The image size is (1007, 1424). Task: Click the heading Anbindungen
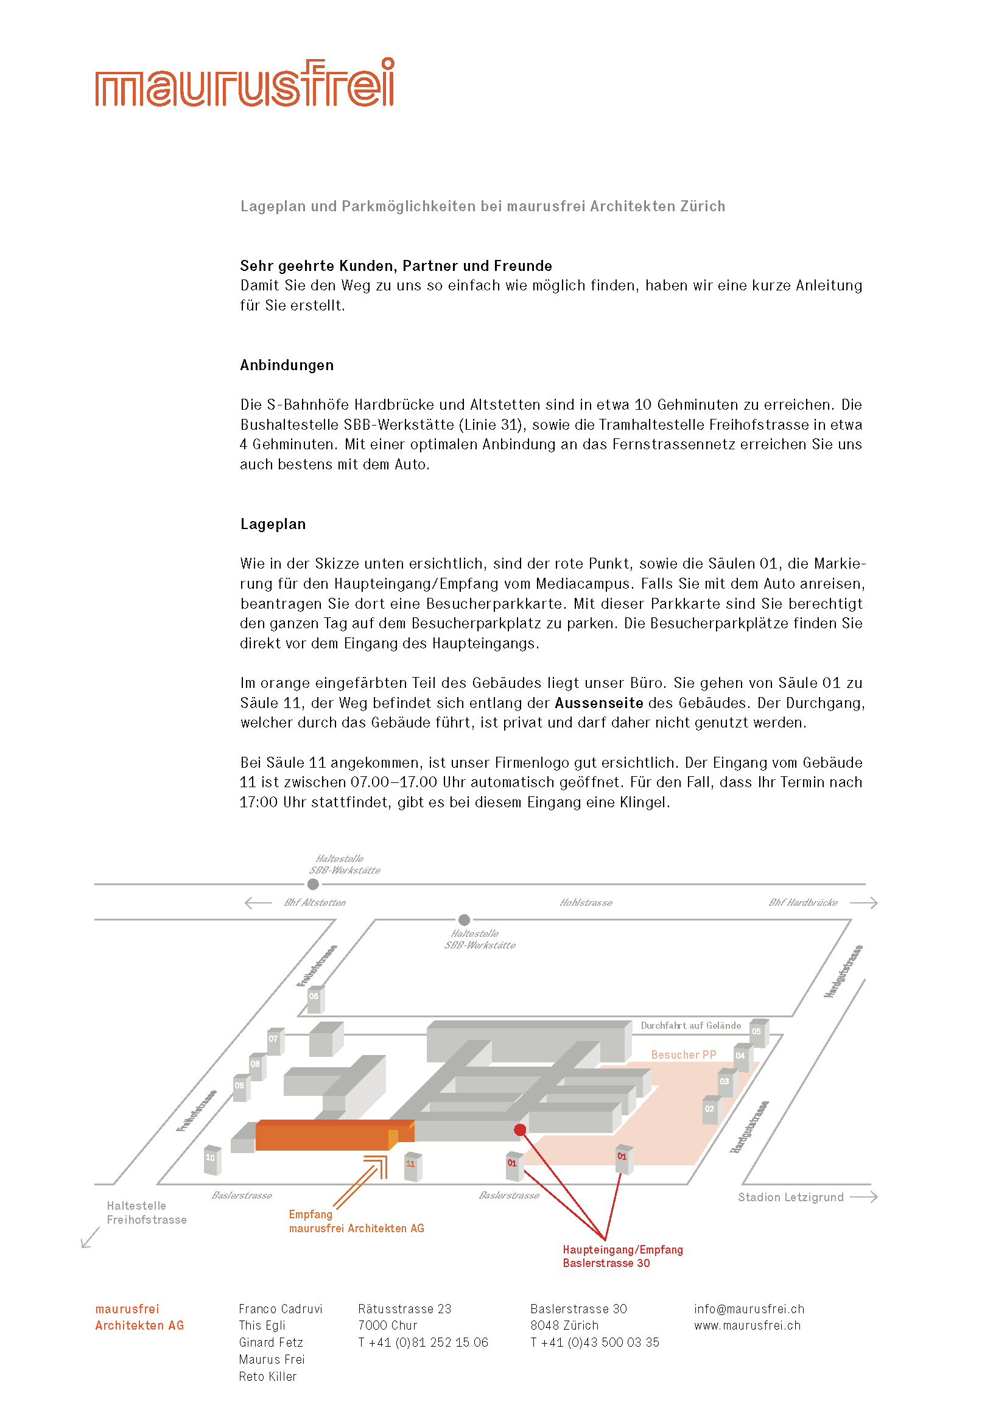[x=287, y=365]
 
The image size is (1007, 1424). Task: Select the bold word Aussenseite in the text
[x=598, y=703]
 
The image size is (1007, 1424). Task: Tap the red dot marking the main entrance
[x=519, y=1130]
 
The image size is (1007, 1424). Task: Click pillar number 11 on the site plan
[x=412, y=1166]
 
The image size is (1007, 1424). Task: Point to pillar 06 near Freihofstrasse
[x=315, y=998]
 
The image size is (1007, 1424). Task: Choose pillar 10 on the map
[x=212, y=1159]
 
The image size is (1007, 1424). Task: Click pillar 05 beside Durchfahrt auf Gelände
[x=758, y=1033]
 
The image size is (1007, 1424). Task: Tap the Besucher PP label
[x=683, y=1055]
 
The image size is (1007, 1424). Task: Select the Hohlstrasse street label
[x=585, y=903]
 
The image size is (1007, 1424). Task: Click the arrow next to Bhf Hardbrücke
[x=863, y=903]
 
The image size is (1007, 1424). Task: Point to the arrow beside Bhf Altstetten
[x=259, y=903]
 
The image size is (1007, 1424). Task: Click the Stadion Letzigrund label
[x=790, y=1198]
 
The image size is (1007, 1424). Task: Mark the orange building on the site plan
[x=323, y=1135]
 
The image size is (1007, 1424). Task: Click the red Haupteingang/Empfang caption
[x=622, y=1256]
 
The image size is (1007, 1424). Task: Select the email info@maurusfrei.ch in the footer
[x=748, y=1310]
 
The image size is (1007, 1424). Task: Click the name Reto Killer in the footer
[x=267, y=1377]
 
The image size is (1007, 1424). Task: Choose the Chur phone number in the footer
[x=423, y=1343]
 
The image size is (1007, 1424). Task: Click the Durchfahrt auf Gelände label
[x=690, y=1026]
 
